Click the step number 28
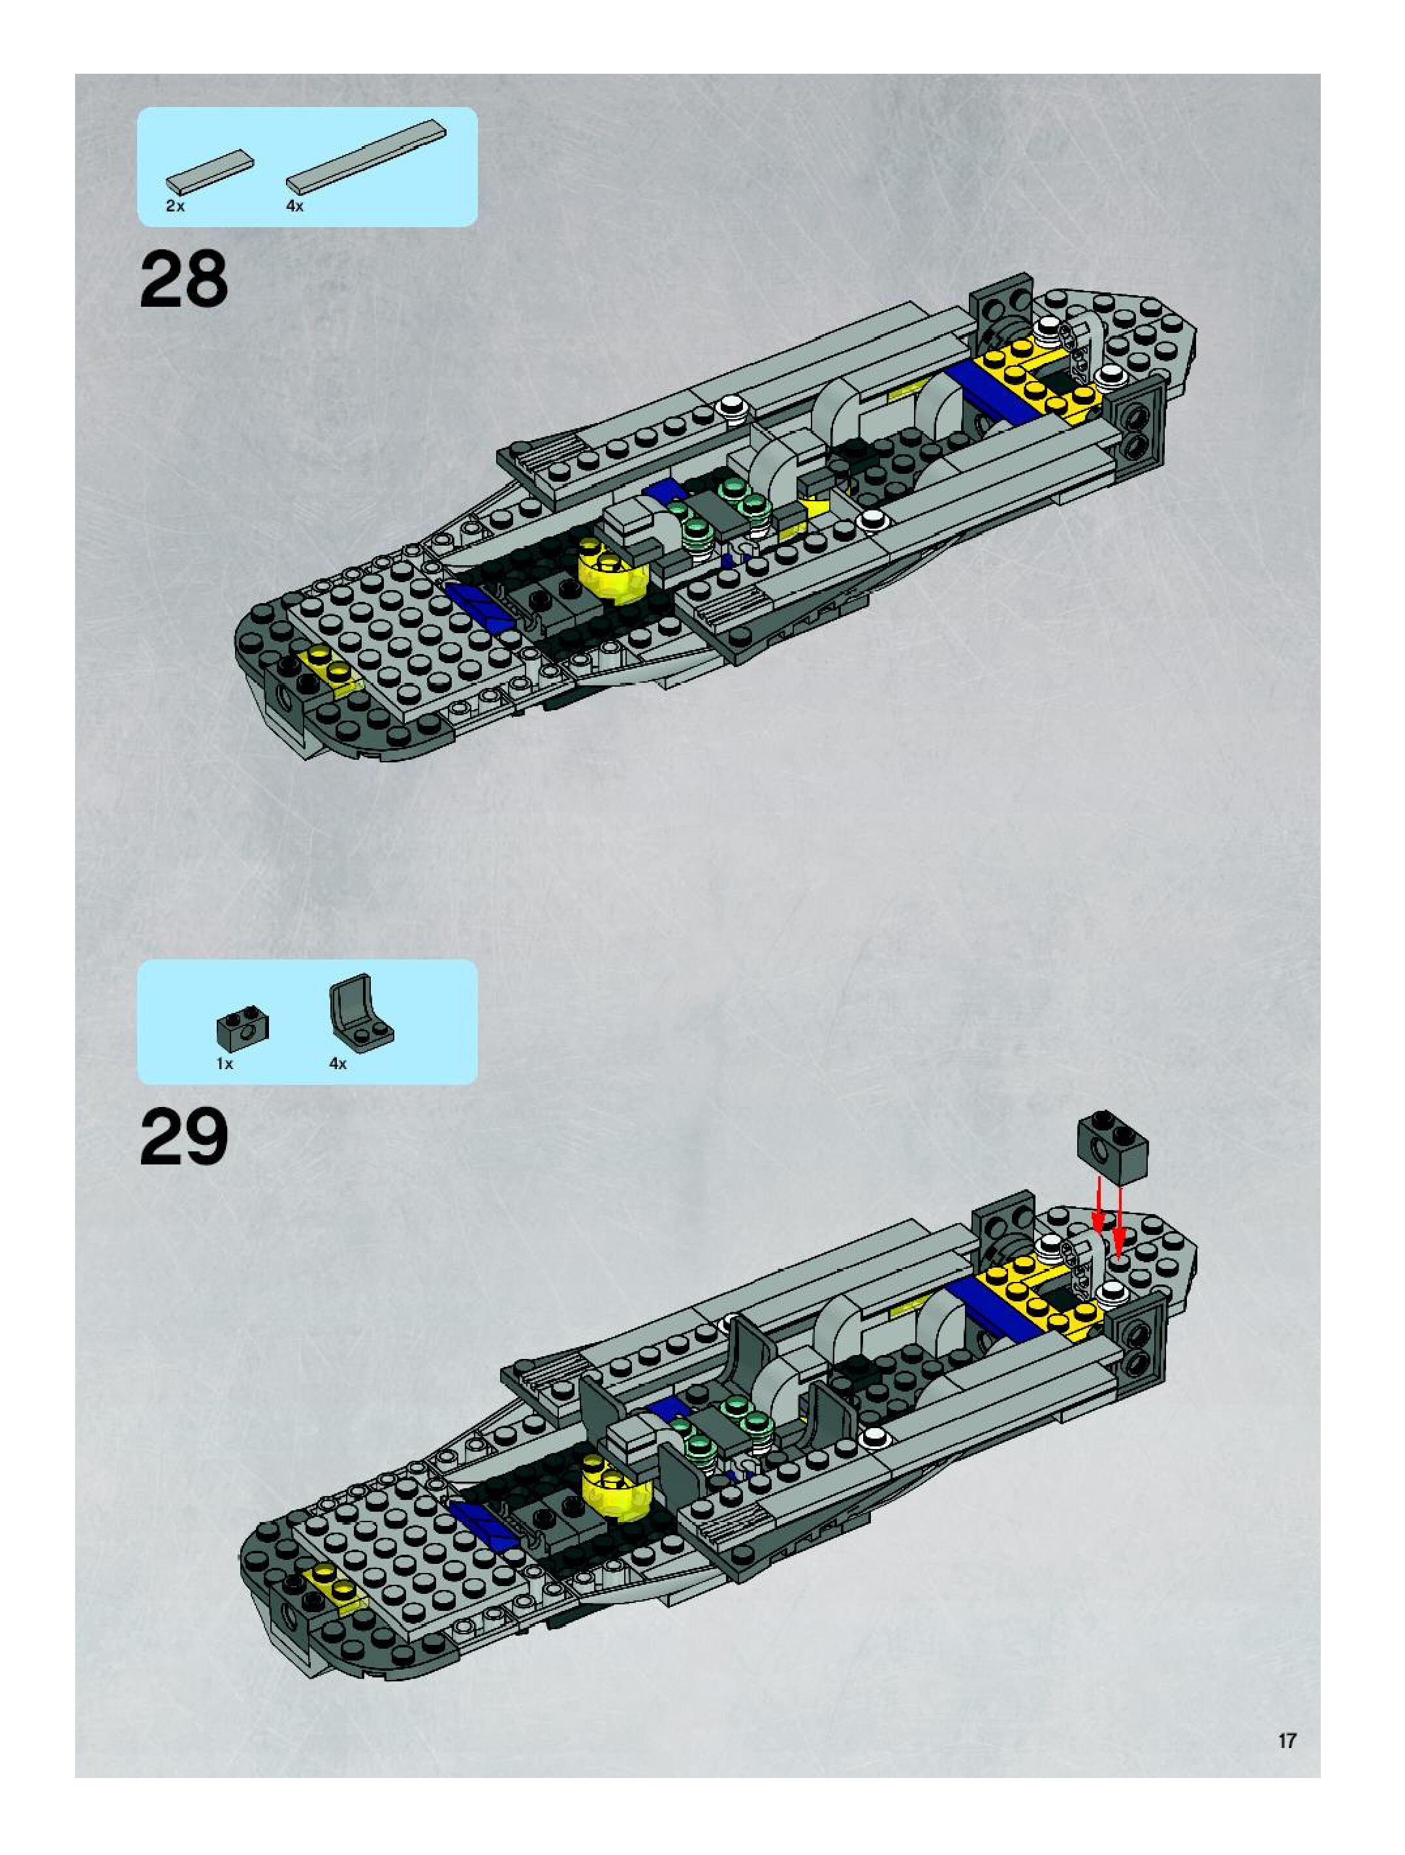click(x=183, y=279)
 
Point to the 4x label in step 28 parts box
click(x=294, y=206)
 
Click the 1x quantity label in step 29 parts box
click(x=224, y=1063)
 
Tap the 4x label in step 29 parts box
click(x=337, y=1063)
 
